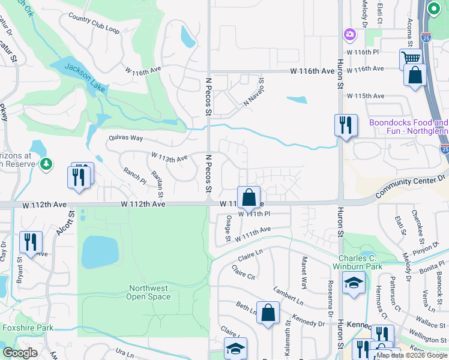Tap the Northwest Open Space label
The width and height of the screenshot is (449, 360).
click(x=149, y=292)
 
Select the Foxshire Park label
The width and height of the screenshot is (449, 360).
click(x=27, y=328)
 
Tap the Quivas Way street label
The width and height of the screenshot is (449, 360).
click(x=125, y=137)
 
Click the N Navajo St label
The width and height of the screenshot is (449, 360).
click(x=254, y=92)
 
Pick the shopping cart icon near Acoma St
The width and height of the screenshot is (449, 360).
click(x=410, y=59)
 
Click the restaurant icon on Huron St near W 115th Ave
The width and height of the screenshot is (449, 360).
click(x=345, y=125)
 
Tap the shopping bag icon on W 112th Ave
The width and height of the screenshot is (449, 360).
click(x=249, y=197)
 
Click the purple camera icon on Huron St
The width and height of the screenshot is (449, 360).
click(x=349, y=35)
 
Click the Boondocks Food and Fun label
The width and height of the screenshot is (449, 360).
click(x=408, y=127)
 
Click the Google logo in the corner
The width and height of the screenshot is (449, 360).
click(x=20, y=353)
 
